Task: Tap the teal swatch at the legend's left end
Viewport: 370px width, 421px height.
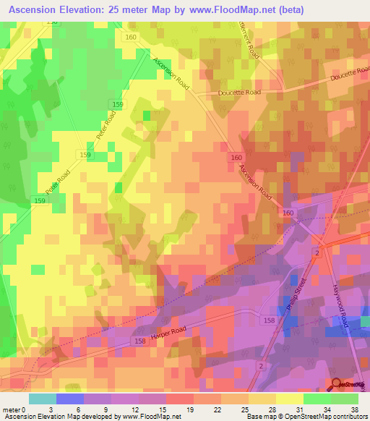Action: [42, 399]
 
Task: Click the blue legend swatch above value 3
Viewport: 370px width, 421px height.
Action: [69, 399]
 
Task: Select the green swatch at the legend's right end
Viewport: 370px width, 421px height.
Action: [345, 399]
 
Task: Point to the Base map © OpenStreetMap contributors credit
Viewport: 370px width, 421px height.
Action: [306, 417]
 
